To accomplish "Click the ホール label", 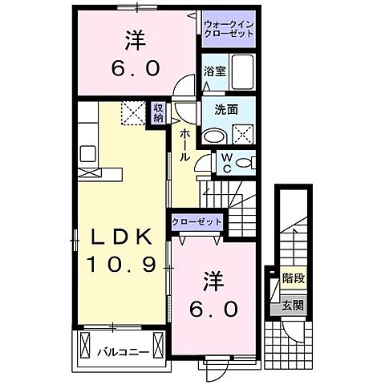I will tap(185, 145).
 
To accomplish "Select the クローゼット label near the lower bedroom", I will tap(197, 222).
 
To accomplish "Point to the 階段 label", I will tap(293, 282).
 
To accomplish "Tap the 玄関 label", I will tap(293, 305).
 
